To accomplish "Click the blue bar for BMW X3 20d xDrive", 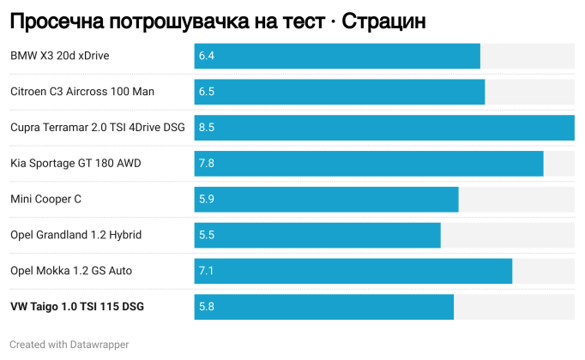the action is click(337, 56).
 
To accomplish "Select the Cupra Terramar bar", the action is click(384, 128).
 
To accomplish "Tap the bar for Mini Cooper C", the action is click(327, 200).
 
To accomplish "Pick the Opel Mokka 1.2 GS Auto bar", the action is click(353, 271).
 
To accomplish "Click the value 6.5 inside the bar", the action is click(207, 92).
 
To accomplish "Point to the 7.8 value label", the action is click(207, 163).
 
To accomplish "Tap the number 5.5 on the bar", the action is click(207, 235).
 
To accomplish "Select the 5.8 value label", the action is click(207, 307).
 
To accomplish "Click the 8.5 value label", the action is click(207, 128).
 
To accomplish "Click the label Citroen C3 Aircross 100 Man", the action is click(82, 92).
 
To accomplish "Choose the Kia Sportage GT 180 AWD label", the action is click(75, 164).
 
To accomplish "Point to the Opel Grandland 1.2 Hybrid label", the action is click(76, 235).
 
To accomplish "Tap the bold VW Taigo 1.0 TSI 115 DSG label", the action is click(77, 307).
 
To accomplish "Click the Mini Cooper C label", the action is click(45, 200).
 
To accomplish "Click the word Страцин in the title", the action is click(383, 21).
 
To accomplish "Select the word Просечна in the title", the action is click(57, 21).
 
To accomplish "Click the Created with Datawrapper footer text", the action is click(69, 345).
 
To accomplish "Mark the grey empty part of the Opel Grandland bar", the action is click(508, 235).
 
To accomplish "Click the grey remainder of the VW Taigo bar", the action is click(514, 307).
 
